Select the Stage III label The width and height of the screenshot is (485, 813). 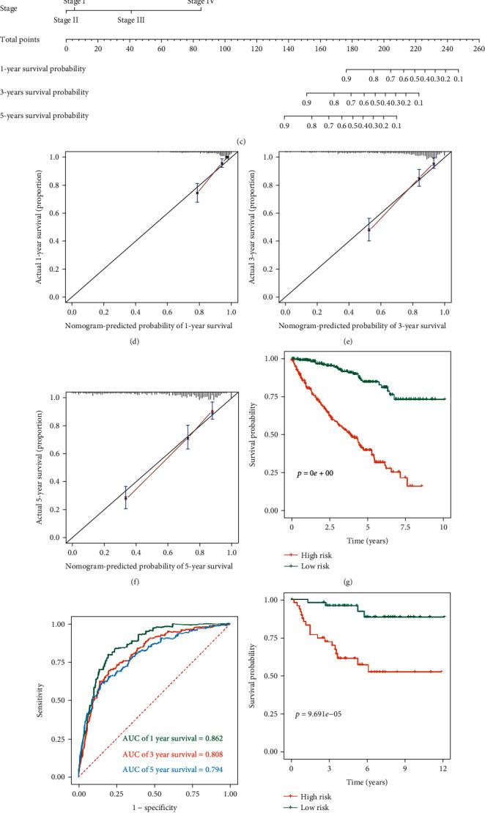(130, 21)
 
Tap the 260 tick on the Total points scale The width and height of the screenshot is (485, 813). (478, 48)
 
